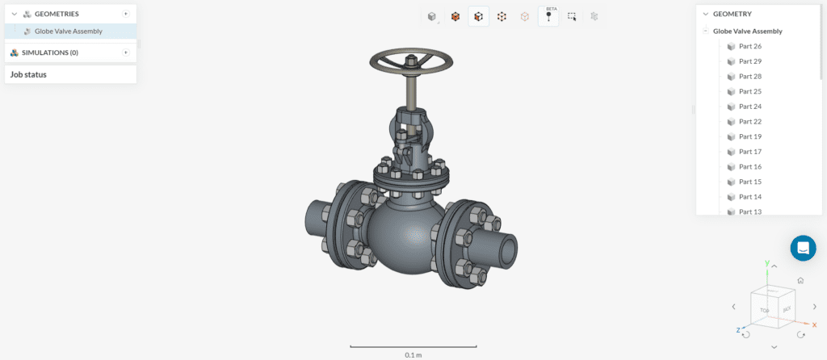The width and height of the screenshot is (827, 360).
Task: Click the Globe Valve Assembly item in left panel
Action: [68, 31]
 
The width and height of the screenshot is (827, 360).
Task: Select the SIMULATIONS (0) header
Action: [56, 52]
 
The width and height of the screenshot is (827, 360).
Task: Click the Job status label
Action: [28, 74]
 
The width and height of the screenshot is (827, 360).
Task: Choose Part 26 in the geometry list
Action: [749, 46]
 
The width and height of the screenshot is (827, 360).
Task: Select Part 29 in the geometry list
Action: [749, 61]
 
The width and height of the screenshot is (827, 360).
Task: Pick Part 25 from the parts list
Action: [749, 91]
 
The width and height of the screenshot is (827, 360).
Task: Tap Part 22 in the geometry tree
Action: [749, 121]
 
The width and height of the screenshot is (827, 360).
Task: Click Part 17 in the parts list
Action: [749, 152]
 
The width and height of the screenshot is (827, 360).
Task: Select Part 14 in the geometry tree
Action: [749, 197]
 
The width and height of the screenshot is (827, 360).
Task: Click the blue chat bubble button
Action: [803, 248]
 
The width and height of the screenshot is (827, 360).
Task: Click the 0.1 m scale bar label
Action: [413, 354]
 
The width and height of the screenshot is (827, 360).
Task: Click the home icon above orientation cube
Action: [800, 280]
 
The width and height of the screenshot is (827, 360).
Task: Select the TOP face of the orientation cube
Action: [762, 309]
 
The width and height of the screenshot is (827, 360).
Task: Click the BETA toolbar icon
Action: [548, 16]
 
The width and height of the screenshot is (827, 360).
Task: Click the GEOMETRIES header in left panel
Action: [57, 14]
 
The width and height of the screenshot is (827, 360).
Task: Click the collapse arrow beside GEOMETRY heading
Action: [705, 14]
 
